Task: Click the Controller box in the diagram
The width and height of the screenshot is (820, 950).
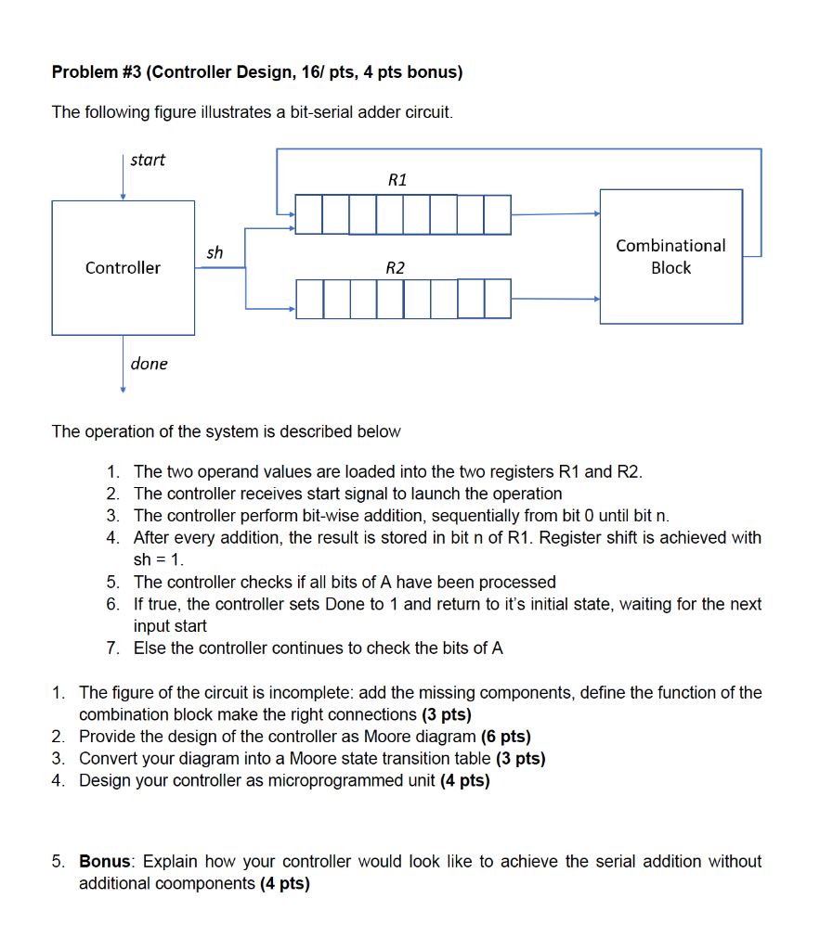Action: pyautogui.click(x=123, y=267)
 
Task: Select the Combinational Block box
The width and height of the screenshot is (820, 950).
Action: pyautogui.click(x=670, y=257)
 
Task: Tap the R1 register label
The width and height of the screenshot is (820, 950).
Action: pyautogui.click(x=397, y=180)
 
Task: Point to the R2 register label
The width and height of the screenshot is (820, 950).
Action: pyautogui.click(x=395, y=268)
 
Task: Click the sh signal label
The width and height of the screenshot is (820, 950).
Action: pyautogui.click(x=215, y=252)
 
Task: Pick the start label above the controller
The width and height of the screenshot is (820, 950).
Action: pyautogui.click(x=148, y=160)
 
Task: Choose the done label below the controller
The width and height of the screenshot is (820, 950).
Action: pyautogui.click(x=149, y=364)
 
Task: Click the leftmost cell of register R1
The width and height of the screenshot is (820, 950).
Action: pyautogui.click(x=309, y=214)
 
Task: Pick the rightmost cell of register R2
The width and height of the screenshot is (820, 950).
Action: pyautogui.click(x=498, y=299)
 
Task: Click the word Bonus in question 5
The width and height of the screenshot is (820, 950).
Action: pyautogui.click(x=103, y=862)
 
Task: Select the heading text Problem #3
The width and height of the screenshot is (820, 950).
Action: pyautogui.click(x=94, y=71)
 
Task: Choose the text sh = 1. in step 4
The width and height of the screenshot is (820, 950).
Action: pyautogui.click(x=160, y=559)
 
